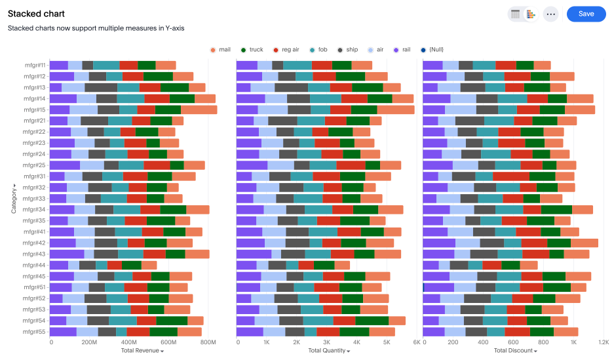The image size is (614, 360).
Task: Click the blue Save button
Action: pos(586,14)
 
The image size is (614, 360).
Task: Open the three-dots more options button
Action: pos(550,14)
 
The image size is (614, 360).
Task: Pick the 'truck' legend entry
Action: pos(252,49)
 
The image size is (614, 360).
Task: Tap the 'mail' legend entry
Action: pos(221,49)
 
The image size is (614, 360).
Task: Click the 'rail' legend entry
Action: pos(402,49)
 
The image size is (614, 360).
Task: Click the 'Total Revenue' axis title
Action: pos(142,351)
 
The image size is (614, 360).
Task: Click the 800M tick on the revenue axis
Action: pos(208,342)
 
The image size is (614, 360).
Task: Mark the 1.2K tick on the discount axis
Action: pos(602,342)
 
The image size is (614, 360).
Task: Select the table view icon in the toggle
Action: pos(515,14)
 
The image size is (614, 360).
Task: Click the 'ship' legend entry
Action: pos(348,49)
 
